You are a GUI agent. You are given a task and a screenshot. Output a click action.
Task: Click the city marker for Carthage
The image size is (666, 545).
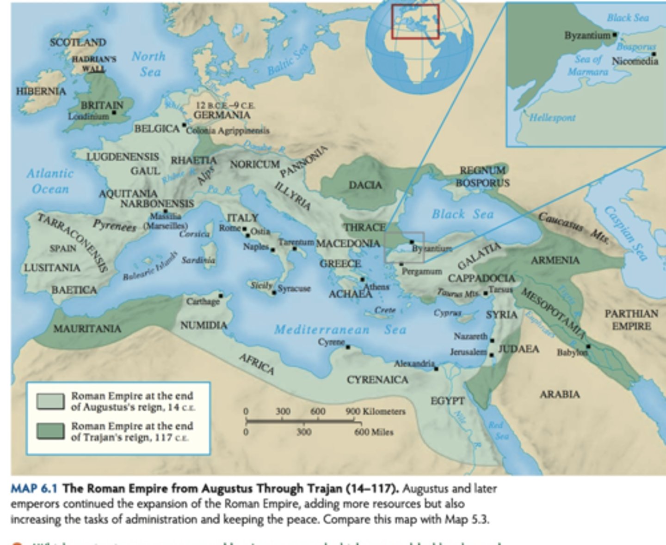pos(221,296)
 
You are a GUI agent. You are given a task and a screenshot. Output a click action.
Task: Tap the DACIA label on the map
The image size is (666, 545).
pos(365,185)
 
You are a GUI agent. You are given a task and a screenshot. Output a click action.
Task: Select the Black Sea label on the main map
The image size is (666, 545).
pos(462,214)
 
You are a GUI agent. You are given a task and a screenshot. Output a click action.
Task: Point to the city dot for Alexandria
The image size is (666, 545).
pos(436,369)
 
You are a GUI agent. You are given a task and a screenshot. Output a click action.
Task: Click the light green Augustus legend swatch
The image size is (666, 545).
pos(50,401)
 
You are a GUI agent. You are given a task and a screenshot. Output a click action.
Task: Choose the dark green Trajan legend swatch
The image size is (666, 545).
pos(50,431)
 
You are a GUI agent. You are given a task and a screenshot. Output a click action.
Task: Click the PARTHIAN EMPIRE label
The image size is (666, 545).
pos(631,320)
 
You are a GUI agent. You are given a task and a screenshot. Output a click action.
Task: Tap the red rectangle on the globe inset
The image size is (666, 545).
pos(415,21)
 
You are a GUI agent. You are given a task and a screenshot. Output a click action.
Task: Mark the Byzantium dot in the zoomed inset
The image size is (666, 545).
pos(615,35)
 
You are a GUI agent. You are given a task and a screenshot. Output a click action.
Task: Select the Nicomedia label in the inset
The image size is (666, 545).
pos(635,61)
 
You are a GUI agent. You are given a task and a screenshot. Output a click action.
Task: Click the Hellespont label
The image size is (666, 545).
pos(552,117)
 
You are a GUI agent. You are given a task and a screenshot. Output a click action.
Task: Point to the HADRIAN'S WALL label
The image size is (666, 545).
pos(94,64)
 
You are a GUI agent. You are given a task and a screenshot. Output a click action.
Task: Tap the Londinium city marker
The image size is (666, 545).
pos(114,112)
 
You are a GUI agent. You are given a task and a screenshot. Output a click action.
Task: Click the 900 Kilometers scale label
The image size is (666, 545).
pos(375,412)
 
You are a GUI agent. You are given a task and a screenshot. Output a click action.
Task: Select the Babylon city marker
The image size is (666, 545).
pos(588,346)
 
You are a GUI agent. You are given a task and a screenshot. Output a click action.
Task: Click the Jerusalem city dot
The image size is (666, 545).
pos(491,355)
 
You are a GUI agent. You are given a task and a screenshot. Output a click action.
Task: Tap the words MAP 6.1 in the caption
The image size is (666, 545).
pos(34,488)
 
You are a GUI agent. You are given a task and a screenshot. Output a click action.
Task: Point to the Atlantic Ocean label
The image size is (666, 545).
pos(50,181)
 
